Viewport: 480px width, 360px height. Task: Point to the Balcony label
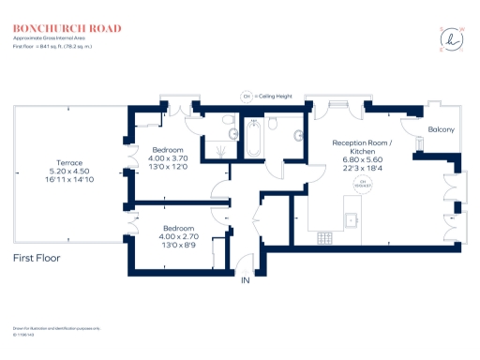[442, 129]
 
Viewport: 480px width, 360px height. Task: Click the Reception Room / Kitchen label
[364, 146]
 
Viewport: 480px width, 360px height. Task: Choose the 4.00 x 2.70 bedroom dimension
[179, 238]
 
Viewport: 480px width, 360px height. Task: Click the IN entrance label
[246, 280]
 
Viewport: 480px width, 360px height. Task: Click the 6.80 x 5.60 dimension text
[364, 159]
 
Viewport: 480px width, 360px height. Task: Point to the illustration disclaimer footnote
[56, 327]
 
